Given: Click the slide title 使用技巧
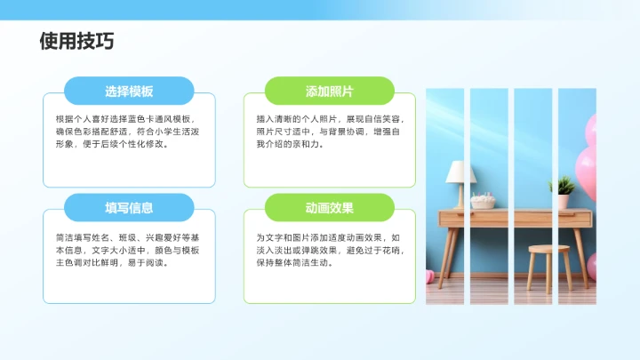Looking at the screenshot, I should pyautogui.click(x=76, y=42).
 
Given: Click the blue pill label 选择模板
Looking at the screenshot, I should pyautogui.click(x=129, y=92).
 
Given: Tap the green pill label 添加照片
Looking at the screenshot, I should pyautogui.click(x=330, y=92).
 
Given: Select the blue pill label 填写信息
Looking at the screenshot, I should pyautogui.click(x=129, y=208).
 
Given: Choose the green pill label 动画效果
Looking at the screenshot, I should pyautogui.click(x=330, y=208).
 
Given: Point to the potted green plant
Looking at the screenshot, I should pyautogui.click(x=564, y=188).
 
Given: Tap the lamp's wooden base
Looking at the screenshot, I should pyautogui.click(x=459, y=196).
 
